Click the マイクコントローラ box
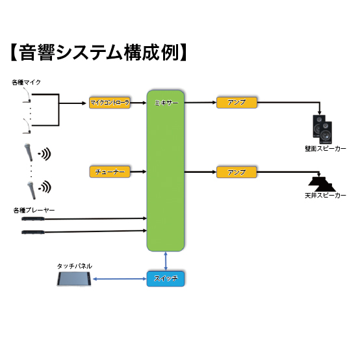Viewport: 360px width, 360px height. [110, 103]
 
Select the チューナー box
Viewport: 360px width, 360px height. [110, 172]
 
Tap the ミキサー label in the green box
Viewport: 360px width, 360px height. [166, 103]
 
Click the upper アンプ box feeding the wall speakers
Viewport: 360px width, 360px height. [237, 103]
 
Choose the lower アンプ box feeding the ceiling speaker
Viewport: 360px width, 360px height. [237, 172]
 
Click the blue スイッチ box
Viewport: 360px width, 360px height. [166, 279]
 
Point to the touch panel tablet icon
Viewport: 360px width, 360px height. [74, 279]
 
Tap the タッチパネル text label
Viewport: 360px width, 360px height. [74, 266]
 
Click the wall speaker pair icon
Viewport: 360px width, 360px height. [322, 129]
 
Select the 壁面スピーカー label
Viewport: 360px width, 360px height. [326, 149]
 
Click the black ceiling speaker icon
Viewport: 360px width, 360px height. [322, 184]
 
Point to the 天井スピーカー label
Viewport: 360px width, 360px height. [326, 196]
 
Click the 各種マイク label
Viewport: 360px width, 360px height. [26, 82]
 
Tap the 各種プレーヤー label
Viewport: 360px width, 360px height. [34, 210]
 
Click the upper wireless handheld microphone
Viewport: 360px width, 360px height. [29, 152]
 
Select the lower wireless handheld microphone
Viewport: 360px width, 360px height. [31, 190]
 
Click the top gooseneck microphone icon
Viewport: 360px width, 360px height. [27, 95]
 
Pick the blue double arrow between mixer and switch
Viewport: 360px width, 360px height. [166, 261]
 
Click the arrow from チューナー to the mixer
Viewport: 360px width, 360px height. [138, 172]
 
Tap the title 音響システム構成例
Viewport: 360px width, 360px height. [99, 53]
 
